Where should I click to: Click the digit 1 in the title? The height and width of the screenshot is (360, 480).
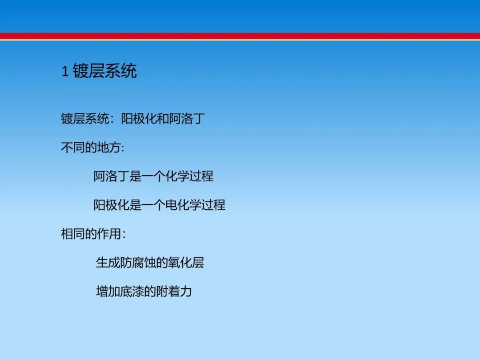65,72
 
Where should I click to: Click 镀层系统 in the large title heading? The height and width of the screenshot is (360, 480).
105,71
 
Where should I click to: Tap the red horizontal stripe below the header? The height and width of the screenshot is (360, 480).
240,36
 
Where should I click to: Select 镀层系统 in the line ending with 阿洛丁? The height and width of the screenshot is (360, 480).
85,119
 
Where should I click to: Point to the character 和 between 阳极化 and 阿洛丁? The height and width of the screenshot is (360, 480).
163,119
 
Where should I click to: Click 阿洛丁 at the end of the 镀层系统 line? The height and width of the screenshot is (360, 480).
187,119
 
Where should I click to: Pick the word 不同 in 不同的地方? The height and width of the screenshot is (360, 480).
73,148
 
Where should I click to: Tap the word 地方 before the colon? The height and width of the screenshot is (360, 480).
109,148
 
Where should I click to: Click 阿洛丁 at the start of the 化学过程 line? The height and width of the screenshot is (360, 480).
112,176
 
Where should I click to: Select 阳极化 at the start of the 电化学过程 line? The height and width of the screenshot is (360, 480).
112,205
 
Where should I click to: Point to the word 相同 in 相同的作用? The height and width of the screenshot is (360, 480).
73,234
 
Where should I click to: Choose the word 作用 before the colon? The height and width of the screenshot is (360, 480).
109,234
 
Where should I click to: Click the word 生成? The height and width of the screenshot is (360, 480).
108,263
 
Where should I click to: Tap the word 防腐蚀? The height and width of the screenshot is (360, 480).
138,263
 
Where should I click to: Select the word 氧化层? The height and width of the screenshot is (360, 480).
186,263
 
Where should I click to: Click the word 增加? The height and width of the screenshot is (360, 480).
108,292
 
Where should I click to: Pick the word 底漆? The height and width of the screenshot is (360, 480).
132,292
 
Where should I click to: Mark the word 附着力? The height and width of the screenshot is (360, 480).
174,292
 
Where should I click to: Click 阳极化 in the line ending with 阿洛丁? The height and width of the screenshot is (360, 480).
139,119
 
